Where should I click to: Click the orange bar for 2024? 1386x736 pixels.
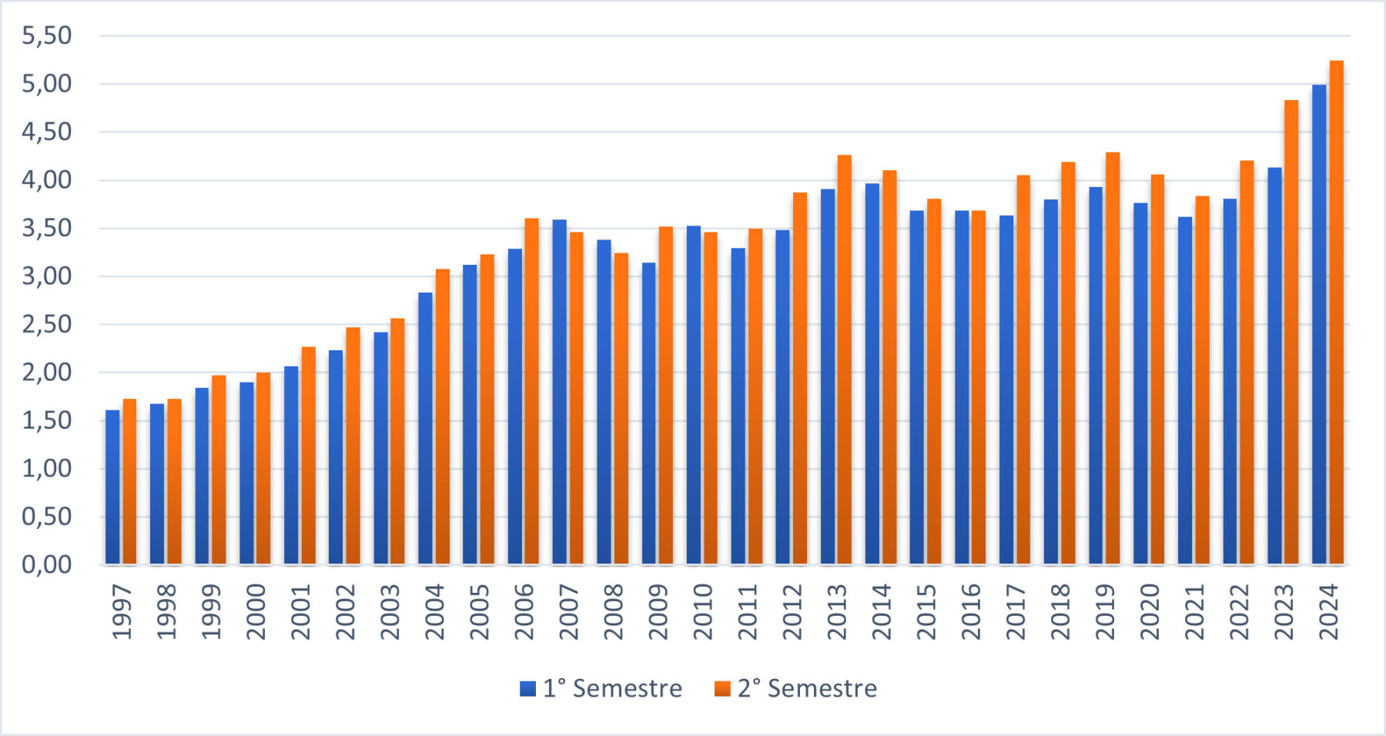1337,312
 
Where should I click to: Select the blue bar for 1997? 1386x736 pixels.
112,487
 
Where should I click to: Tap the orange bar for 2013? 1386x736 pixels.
845,360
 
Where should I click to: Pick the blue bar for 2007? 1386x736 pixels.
559,392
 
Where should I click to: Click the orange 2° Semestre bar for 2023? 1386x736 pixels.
1291,332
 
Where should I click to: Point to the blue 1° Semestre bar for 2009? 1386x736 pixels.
649,413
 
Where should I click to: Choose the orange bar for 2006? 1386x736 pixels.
531,391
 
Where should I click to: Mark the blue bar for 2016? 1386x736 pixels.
962,387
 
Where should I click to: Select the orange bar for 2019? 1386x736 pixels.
1113,358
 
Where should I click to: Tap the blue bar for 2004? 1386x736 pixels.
425,428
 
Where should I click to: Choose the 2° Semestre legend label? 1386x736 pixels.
807,688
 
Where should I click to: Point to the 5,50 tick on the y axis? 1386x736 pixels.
47,35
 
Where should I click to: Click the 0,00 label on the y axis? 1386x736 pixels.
47,564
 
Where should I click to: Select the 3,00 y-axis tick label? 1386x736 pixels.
47,276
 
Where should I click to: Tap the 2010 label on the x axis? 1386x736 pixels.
702,611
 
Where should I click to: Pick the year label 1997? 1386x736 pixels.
122,611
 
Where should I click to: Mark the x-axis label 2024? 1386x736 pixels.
1329,611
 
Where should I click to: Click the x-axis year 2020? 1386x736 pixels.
1150,611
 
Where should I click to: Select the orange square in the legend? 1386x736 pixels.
722,688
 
